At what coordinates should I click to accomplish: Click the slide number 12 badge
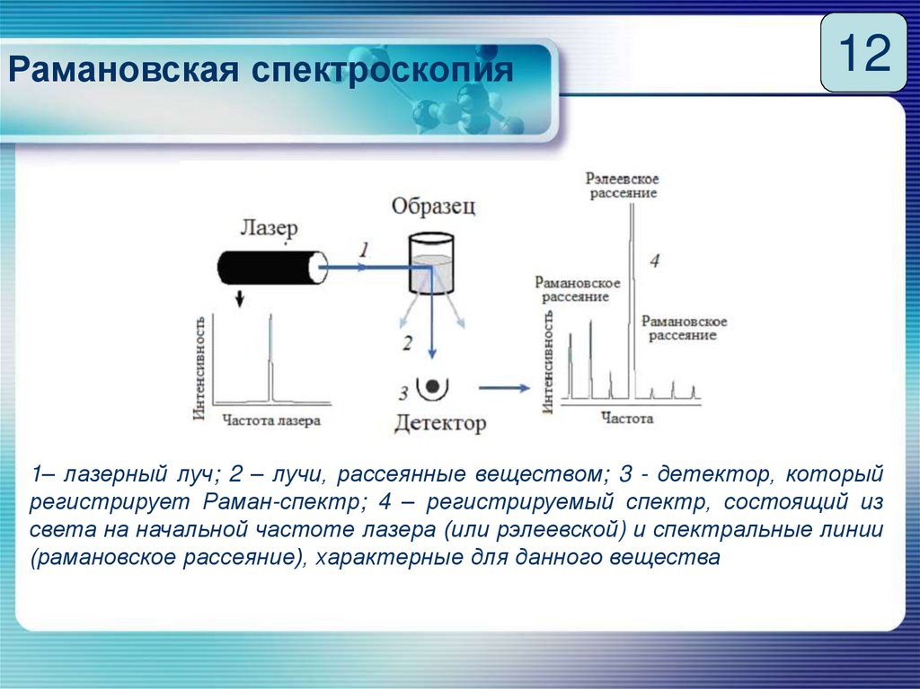[863, 53]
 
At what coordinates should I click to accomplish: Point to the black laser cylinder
[270, 267]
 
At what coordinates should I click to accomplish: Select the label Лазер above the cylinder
[268, 227]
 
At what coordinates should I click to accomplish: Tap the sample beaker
[430, 264]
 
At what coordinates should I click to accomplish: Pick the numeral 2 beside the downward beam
[408, 342]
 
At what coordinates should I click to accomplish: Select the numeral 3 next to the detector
[403, 392]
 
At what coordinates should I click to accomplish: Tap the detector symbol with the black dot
[433, 387]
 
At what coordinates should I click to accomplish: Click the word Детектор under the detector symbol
[439, 422]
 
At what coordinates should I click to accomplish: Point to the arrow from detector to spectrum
[502, 387]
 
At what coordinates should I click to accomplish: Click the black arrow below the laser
[239, 298]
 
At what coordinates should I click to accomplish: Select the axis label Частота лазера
[270, 419]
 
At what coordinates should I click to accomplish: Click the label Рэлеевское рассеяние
[622, 185]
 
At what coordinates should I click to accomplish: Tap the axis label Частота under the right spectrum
[627, 418]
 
